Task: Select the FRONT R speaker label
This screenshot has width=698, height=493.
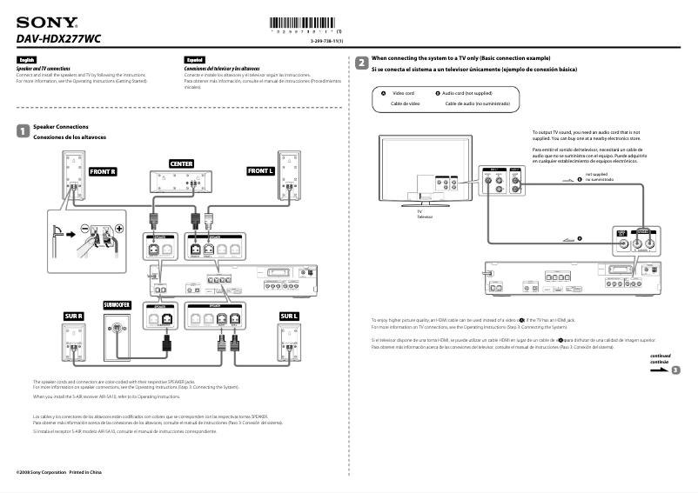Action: coord(102,172)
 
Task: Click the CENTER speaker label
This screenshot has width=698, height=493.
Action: coord(181,163)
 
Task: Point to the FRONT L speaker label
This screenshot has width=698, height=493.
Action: coord(260,171)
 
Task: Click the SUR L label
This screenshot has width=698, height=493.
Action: coord(289,316)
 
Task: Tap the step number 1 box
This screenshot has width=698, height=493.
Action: coord(23,131)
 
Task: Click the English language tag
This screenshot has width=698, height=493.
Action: coord(26,60)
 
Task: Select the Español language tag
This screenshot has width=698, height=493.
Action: coord(193,60)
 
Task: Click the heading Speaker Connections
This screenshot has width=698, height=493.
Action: coord(66,127)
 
